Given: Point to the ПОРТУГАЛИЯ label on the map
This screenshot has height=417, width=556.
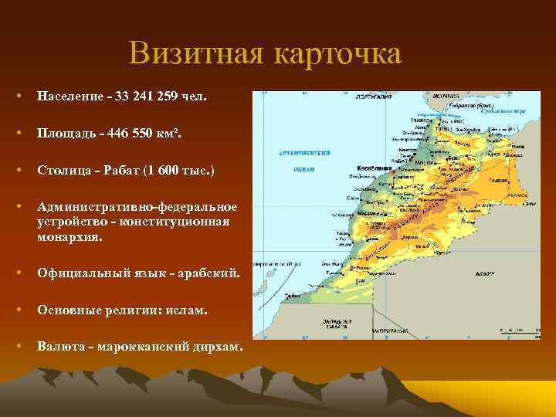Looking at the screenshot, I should coord(371,97).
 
